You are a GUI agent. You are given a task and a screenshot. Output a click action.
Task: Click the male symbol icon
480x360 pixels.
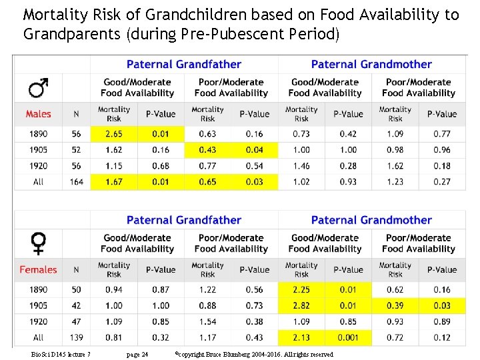coord(38,87)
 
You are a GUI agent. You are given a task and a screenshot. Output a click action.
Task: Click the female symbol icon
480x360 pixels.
coord(38,243)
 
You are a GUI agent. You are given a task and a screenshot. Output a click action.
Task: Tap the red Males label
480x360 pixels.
coord(38,114)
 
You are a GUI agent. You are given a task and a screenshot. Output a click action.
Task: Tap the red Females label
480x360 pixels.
coord(38,270)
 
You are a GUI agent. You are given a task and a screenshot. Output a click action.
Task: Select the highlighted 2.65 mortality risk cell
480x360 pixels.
coord(114,134)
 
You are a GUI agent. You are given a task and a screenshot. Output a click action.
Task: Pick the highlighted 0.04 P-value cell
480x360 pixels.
coord(255,150)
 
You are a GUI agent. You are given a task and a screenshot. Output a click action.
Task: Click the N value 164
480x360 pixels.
coord(76,182)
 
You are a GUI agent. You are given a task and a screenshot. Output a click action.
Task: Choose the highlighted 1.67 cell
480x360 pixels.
coord(114,182)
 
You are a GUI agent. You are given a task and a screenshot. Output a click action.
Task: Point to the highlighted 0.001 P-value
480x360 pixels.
coord(348,337)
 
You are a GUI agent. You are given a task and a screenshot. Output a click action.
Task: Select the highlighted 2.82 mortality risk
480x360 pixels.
coord(301,305)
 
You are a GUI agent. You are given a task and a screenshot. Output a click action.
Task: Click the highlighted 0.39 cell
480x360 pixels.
coord(395,305)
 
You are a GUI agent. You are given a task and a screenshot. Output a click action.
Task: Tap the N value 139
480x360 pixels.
coord(76,337)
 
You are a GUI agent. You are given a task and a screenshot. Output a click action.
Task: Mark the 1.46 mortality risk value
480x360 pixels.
coord(301,166)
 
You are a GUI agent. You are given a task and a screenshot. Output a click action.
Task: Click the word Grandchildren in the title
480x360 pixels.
coord(196,15)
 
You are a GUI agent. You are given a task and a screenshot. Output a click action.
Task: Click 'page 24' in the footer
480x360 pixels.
coord(137,355)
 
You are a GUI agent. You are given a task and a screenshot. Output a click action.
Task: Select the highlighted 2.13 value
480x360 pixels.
coord(301,337)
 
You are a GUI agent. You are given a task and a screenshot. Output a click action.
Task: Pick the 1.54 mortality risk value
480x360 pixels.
coord(207,322)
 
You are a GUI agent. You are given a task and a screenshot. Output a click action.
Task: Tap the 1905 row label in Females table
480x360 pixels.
coord(38,305)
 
